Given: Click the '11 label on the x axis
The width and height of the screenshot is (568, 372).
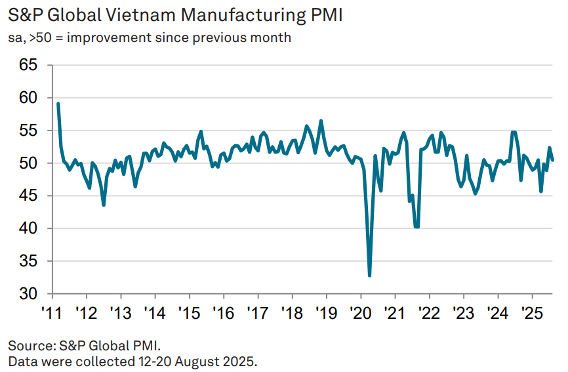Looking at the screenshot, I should tap(52, 311).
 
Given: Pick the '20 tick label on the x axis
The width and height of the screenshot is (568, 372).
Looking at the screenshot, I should tap(360, 311).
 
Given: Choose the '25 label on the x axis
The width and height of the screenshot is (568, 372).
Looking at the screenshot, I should tap(531, 311).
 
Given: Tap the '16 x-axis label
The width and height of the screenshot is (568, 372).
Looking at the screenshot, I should tap(223, 311).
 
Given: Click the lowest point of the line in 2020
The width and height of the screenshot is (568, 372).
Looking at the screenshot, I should tap(370, 276).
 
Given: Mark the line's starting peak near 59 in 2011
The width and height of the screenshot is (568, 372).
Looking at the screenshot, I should tap(58, 104).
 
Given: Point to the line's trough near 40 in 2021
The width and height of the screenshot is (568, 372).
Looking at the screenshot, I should tap(416, 226).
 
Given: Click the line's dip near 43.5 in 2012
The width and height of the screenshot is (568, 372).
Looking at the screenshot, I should tap(104, 205).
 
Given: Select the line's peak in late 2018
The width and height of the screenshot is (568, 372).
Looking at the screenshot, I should tap(321, 121).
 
